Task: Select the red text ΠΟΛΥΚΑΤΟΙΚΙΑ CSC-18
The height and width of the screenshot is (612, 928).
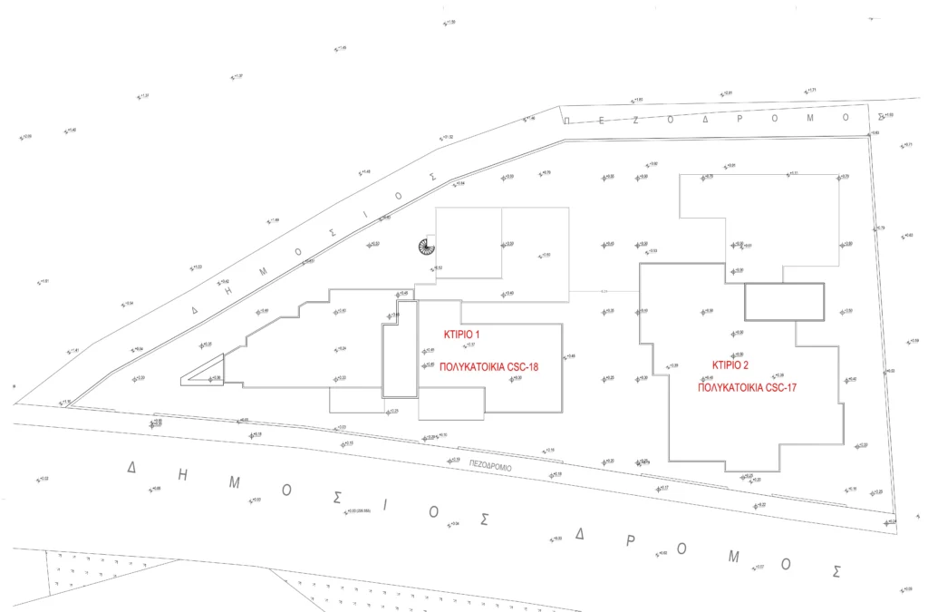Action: click(x=489, y=368)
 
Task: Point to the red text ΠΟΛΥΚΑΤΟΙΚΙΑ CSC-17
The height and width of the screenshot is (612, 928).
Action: click(x=747, y=386)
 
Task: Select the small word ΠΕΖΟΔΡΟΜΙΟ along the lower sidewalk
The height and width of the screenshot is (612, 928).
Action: click(x=490, y=466)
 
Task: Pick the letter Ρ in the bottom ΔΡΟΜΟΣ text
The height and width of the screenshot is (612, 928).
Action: click(x=630, y=540)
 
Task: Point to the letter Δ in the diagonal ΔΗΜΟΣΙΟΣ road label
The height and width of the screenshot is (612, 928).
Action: click(x=193, y=310)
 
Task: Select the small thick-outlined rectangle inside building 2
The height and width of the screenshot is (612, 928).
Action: click(x=784, y=302)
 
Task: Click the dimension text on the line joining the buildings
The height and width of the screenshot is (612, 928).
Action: click(x=604, y=290)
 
